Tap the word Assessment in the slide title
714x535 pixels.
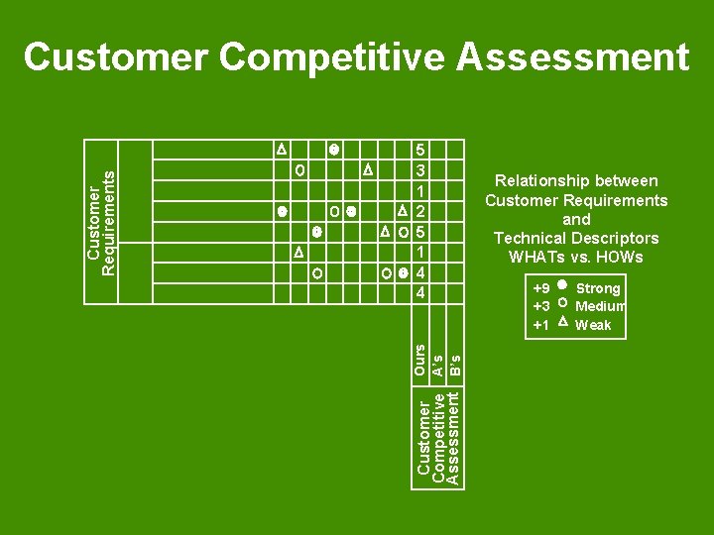[572, 57]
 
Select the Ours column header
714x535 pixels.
[420, 359]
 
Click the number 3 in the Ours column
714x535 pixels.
[421, 170]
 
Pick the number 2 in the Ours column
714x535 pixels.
[421, 212]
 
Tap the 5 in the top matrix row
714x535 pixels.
[421, 150]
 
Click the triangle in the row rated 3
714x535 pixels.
[367, 169]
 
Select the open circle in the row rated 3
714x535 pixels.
[299, 169]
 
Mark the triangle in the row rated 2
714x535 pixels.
[402, 211]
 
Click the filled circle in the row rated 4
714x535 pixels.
[403, 273]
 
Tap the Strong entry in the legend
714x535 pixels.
[598, 288]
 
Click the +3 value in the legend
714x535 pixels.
[541, 306]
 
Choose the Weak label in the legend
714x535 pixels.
[593, 325]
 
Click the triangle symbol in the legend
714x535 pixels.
[561, 324]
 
